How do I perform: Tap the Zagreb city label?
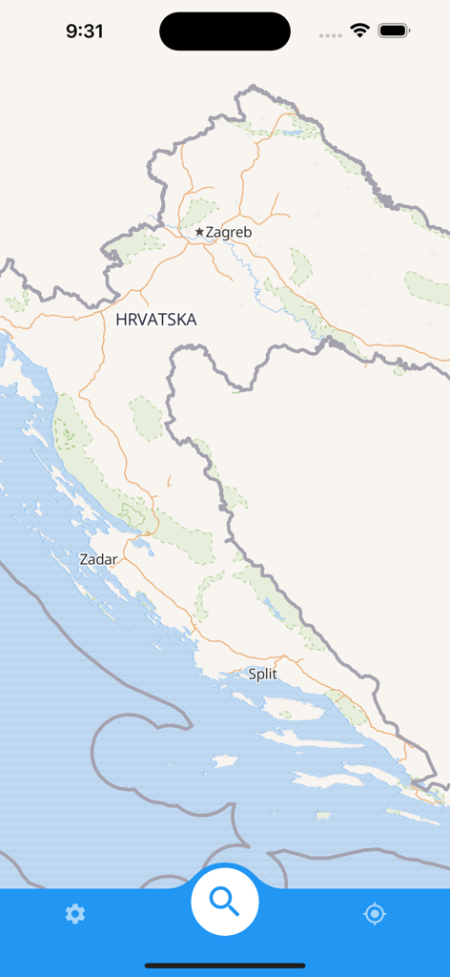pyautogui.click(x=229, y=232)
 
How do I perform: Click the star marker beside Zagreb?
pyautogui.click(x=199, y=232)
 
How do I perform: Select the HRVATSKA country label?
pyautogui.click(x=156, y=320)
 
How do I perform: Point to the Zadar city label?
pyautogui.click(x=99, y=559)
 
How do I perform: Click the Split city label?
pyautogui.click(x=262, y=674)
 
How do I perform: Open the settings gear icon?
pyautogui.click(x=75, y=914)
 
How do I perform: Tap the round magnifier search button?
pyautogui.click(x=225, y=900)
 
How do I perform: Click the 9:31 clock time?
pyautogui.click(x=85, y=31)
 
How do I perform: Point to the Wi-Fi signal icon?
pyautogui.click(x=359, y=31)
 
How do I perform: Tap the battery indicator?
pyautogui.click(x=393, y=31)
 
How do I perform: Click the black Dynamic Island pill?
pyautogui.click(x=225, y=31)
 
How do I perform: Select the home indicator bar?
pyautogui.click(x=225, y=966)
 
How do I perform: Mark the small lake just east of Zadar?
pyautogui.click(x=142, y=548)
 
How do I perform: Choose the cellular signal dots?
pyautogui.click(x=331, y=35)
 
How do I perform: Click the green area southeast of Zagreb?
pyautogui.click(x=299, y=266)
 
